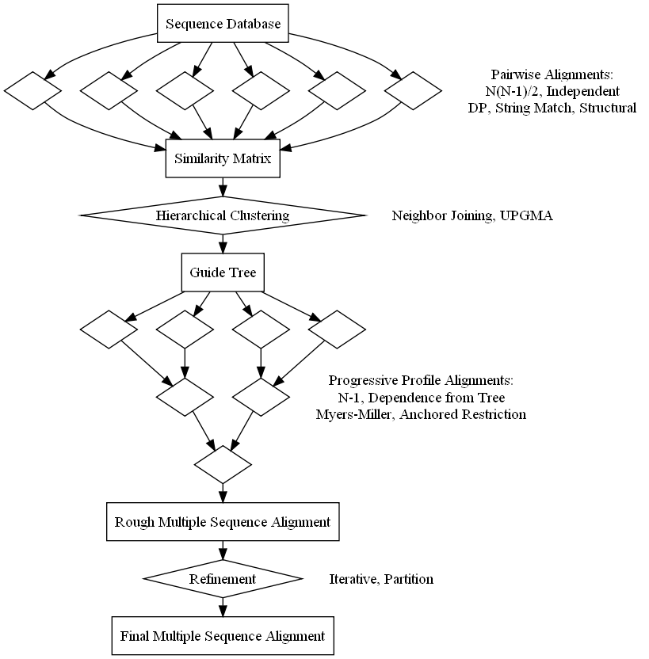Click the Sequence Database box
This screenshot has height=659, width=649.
(x=223, y=24)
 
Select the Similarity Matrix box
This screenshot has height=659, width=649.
(x=223, y=158)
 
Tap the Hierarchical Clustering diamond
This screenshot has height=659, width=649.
(x=223, y=215)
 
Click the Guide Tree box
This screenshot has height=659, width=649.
(x=223, y=272)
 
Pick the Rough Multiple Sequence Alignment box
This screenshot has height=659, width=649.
(x=223, y=522)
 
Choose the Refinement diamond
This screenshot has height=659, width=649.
(x=223, y=579)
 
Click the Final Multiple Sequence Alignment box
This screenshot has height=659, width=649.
(x=223, y=636)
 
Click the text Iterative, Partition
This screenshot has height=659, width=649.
(x=381, y=579)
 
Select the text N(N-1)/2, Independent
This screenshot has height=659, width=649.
(x=552, y=91)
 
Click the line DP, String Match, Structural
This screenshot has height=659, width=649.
(x=552, y=108)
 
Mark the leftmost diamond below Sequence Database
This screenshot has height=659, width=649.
(x=32, y=90)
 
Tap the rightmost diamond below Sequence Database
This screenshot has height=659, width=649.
(x=413, y=90)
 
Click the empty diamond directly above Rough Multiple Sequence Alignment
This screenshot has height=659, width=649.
(x=223, y=465)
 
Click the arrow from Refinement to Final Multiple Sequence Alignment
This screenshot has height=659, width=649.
(x=223, y=607)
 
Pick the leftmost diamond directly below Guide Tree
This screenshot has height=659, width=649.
(x=109, y=329)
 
